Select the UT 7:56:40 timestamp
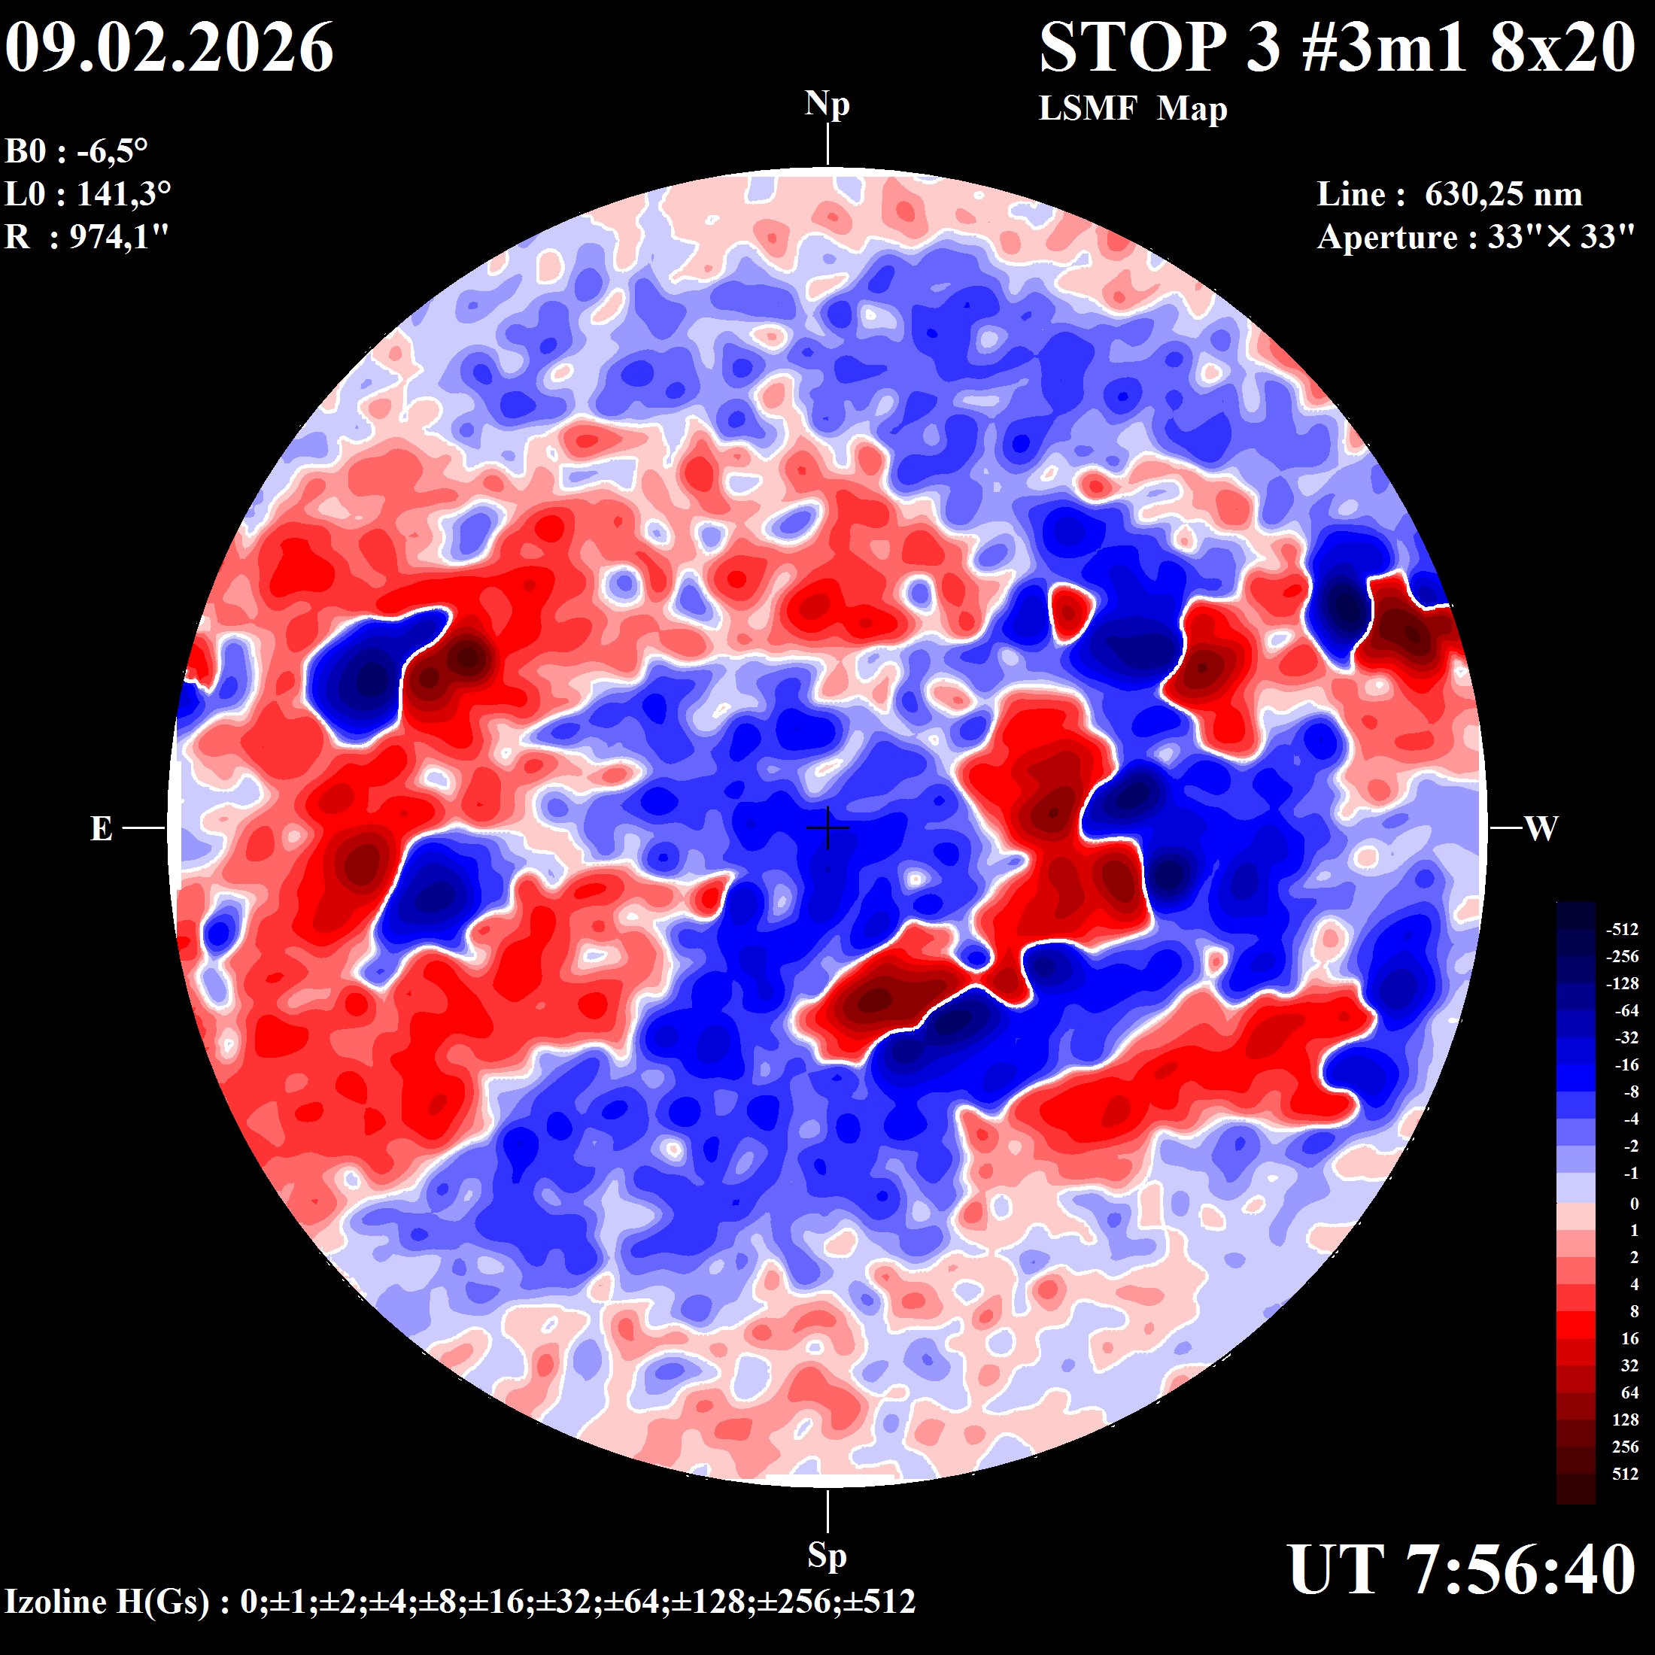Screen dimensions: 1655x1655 click(x=1462, y=1569)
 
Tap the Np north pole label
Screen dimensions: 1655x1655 click(x=827, y=105)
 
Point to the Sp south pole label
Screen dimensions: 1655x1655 click(x=827, y=1554)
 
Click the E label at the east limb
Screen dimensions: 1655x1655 click(x=101, y=828)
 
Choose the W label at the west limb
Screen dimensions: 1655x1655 click(x=1541, y=828)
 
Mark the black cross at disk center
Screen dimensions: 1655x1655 click(x=827, y=827)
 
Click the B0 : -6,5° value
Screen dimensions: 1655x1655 click(x=77, y=152)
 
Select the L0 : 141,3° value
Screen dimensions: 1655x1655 click(x=87, y=194)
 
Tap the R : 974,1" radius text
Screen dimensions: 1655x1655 click(x=87, y=236)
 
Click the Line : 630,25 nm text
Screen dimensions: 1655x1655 click(x=1450, y=194)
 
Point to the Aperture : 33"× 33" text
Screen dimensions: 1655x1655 click(x=1476, y=236)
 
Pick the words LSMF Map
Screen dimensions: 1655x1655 click(x=1132, y=109)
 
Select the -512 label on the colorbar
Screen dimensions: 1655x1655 click(x=1622, y=930)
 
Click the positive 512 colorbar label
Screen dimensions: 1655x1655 click(x=1625, y=1474)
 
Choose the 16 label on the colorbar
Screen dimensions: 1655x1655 click(x=1629, y=1338)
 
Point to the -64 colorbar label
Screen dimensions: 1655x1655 click(x=1626, y=1011)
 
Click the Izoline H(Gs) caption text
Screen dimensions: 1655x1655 click(x=460, y=1601)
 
